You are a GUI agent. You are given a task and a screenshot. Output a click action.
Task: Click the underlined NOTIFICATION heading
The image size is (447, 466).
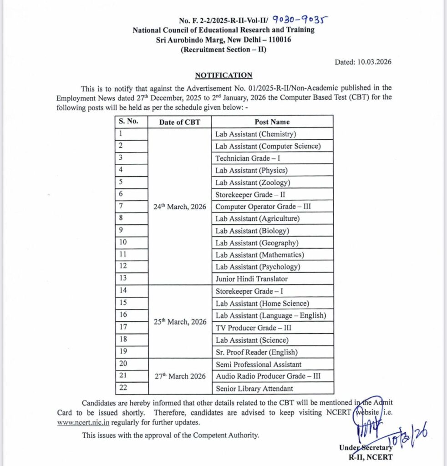point(223,76)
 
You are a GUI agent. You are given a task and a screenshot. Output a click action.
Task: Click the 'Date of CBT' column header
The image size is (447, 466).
point(179,122)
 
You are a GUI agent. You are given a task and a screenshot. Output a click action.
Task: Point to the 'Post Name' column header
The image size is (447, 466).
point(272,122)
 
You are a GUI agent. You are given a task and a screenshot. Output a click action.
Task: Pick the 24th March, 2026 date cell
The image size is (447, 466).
point(179,207)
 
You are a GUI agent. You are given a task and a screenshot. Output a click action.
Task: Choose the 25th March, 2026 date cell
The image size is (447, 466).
point(179,322)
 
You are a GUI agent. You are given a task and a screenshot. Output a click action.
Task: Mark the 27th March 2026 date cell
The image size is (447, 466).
point(179,376)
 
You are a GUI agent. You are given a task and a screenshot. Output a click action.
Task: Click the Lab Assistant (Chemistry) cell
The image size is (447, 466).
point(256,134)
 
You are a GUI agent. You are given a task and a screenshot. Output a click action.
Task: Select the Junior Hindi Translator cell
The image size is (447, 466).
point(251,279)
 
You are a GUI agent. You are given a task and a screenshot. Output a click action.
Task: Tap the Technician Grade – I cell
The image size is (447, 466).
point(247,158)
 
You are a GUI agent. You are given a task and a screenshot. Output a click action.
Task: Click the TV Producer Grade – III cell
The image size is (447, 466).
point(253,328)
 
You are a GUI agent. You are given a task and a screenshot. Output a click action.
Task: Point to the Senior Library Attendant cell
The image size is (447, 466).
point(254,389)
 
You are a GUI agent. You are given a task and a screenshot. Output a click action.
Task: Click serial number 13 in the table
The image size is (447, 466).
point(123,279)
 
